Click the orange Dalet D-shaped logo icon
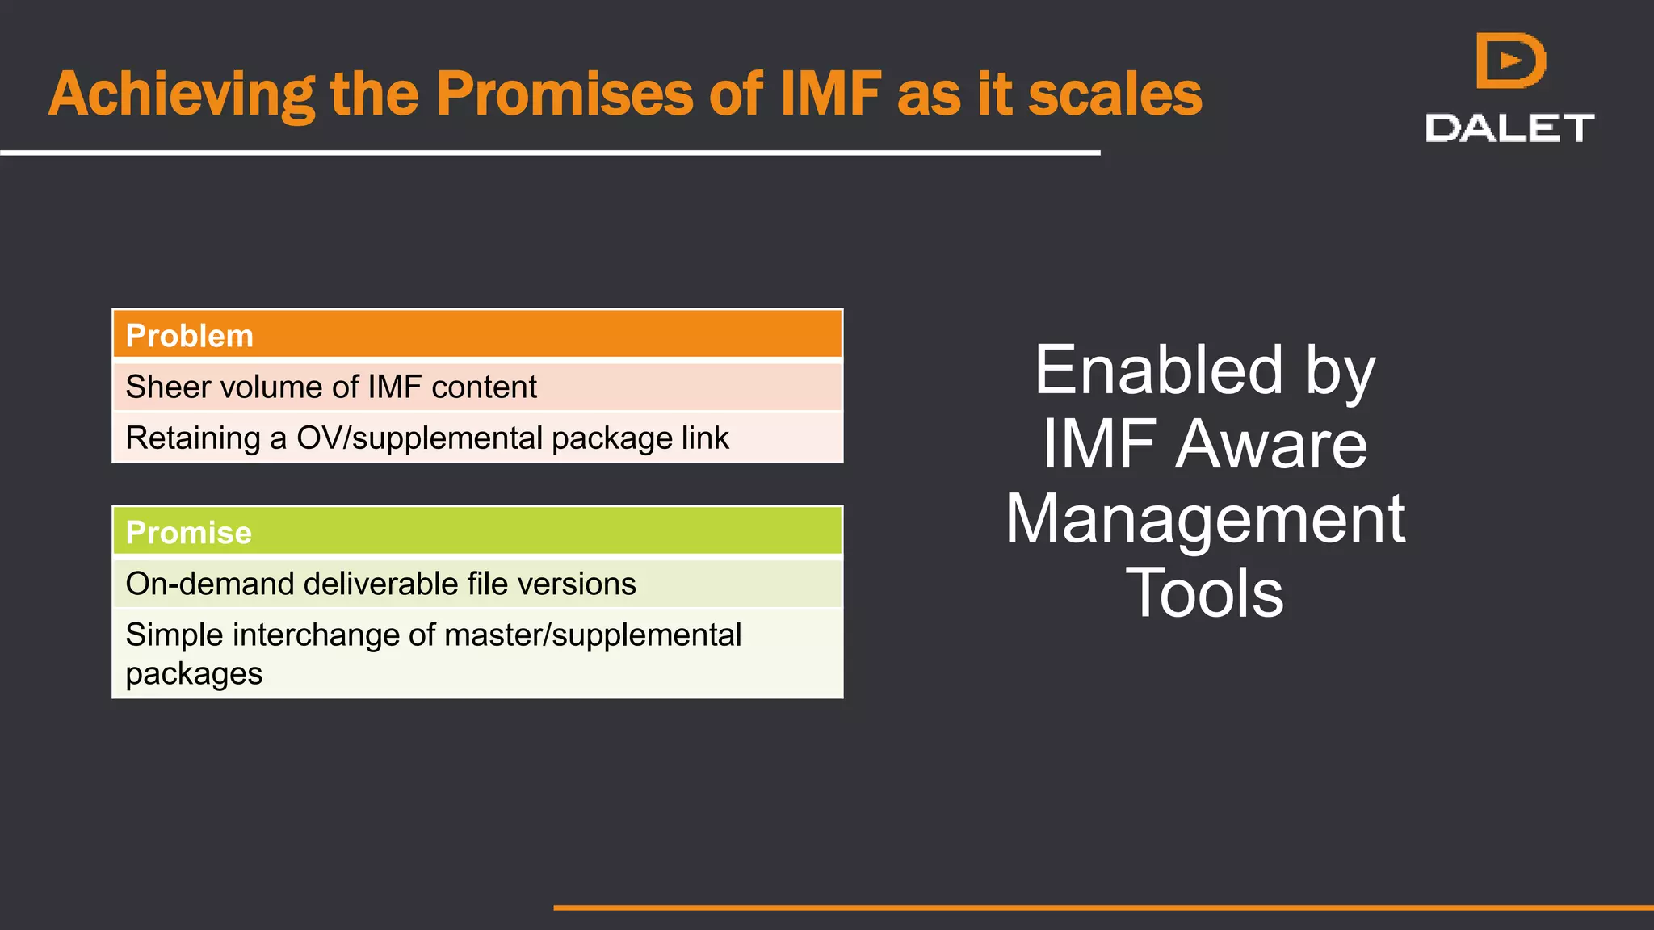tap(1509, 61)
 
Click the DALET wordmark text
tap(1509, 128)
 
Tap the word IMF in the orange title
tap(830, 94)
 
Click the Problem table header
tap(190, 336)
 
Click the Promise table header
tap(189, 533)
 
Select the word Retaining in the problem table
tap(193, 438)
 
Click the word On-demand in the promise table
tap(211, 584)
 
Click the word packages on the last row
tap(194, 674)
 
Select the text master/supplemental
tap(593, 635)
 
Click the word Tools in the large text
tap(1204, 593)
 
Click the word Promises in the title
tap(564, 94)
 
